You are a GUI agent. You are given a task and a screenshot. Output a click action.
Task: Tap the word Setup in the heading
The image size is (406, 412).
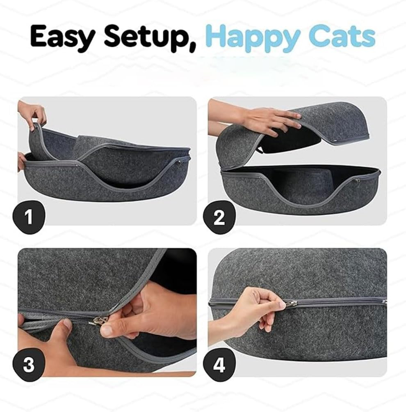click(x=150, y=37)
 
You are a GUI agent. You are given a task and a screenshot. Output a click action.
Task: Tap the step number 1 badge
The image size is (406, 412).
click(x=29, y=216)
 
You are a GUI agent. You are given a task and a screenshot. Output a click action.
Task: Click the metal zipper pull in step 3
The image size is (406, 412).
click(x=100, y=320)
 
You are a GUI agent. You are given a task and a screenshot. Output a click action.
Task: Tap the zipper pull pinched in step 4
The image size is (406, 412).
click(x=290, y=304)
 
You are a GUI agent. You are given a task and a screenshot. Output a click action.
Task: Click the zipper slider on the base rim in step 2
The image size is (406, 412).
click(x=358, y=180)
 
